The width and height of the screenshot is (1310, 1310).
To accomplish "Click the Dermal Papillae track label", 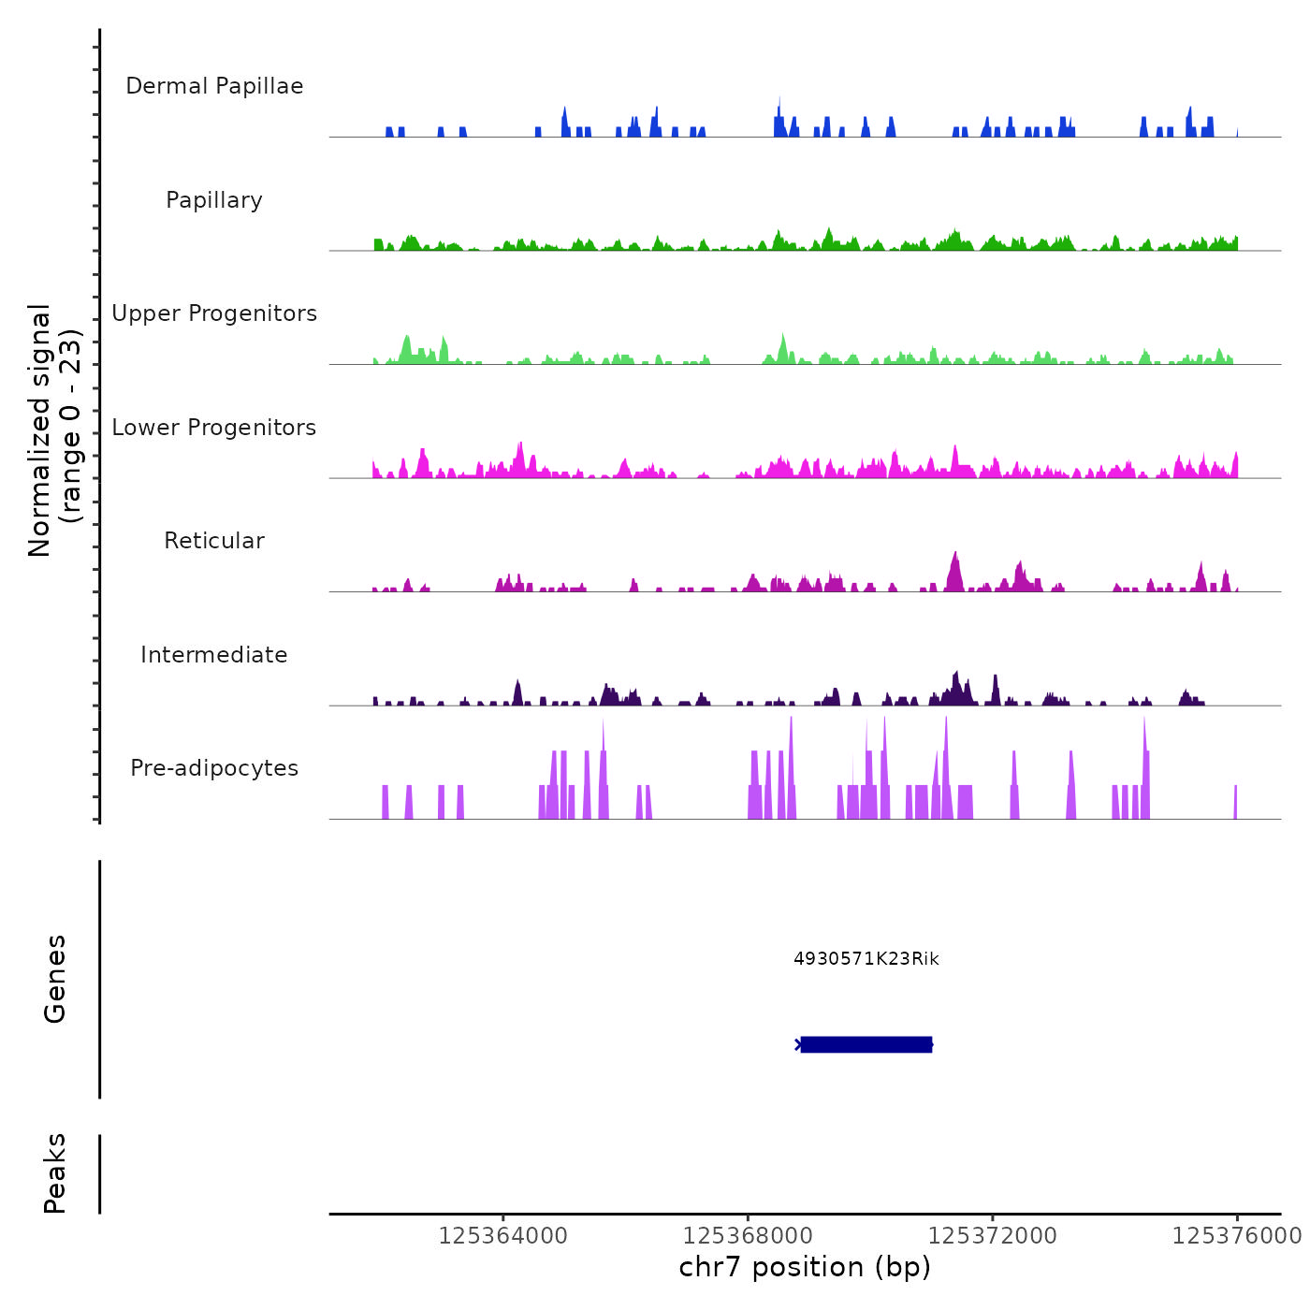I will [x=214, y=86].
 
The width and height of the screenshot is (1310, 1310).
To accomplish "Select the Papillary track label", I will [x=214, y=200].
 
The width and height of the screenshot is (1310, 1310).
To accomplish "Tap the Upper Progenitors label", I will [x=214, y=313].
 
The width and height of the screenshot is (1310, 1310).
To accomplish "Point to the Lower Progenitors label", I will [x=214, y=428].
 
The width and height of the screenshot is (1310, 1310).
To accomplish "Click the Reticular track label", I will [x=214, y=541].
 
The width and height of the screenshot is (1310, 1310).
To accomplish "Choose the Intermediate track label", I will [x=214, y=655].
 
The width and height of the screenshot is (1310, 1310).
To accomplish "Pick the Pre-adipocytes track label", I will [x=214, y=768].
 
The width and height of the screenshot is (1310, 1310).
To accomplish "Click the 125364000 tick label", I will [x=502, y=1236].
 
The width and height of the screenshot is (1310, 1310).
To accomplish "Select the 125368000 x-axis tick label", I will [x=748, y=1236].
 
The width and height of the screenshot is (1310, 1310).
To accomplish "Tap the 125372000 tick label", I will [x=992, y=1236].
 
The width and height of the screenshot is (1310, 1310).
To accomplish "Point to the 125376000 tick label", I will [x=1236, y=1236].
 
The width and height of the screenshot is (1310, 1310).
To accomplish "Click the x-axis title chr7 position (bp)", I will [x=805, y=1267].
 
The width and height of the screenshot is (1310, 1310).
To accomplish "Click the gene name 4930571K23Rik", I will [x=866, y=958].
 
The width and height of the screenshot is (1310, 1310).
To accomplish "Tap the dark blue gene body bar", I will [x=866, y=1044].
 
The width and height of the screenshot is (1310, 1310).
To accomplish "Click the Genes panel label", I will [x=55, y=979].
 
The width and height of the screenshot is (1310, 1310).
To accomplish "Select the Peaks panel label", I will [x=55, y=1173].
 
